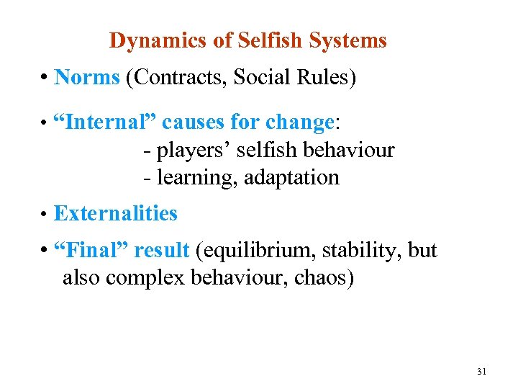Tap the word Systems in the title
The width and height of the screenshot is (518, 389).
[x=349, y=41]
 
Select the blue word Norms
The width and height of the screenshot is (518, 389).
[x=86, y=77]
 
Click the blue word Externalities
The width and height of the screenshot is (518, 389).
[x=115, y=214]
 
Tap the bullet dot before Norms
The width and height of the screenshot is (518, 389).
[x=45, y=78]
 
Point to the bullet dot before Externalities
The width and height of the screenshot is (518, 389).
[x=45, y=215]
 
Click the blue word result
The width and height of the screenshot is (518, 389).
[x=161, y=251]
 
